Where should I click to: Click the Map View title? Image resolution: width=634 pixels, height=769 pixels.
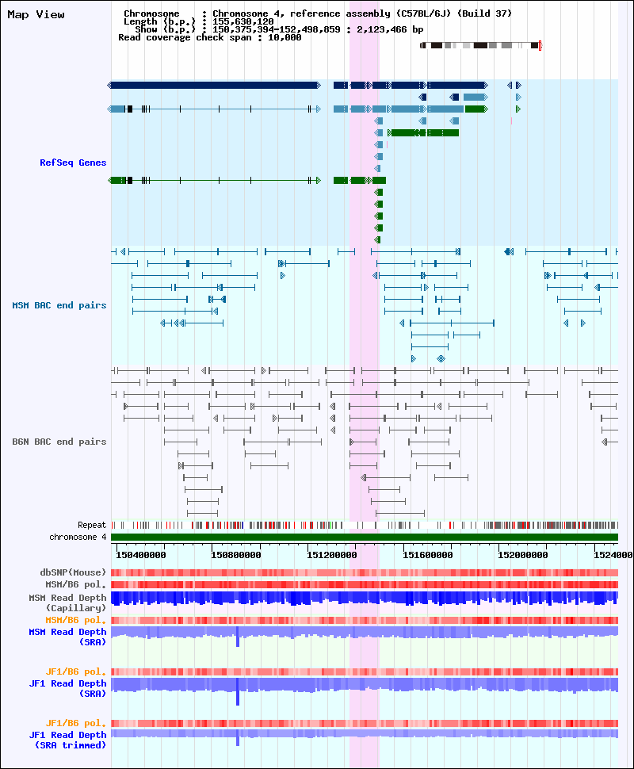pyautogui.click(x=36, y=15)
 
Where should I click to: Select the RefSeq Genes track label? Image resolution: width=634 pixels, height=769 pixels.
pyautogui.click(x=73, y=163)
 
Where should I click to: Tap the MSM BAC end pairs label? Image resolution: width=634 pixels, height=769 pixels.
pyautogui.click(x=59, y=305)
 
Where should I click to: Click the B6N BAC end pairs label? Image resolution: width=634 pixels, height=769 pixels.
pyautogui.click(x=59, y=442)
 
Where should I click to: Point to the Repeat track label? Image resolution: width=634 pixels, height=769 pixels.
pyautogui.click(x=92, y=525)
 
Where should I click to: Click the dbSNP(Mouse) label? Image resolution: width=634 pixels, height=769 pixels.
pyautogui.click(x=73, y=572)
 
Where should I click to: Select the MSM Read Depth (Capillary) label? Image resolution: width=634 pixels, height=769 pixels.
pyautogui.click(x=67, y=603)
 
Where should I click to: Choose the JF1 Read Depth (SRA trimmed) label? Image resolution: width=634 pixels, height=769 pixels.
pyautogui.click(x=67, y=740)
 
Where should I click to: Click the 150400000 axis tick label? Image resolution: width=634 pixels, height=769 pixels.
pyautogui.click(x=141, y=555)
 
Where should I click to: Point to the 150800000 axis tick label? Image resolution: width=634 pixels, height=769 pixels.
pyautogui.click(x=236, y=555)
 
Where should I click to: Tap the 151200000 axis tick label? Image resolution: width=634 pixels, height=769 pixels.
pyautogui.click(x=332, y=555)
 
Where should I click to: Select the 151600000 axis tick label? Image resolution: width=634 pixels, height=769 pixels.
pyautogui.click(x=428, y=555)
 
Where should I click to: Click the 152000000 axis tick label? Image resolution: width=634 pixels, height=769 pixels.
pyautogui.click(x=523, y=555)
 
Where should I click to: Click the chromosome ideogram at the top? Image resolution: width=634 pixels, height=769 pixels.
pyautogui.click(x=480, y=46)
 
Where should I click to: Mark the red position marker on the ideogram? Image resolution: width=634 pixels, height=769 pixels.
pyautogui.click(x=540, y=46)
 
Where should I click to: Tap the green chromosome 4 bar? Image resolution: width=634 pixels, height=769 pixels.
pyautogui.click(x=365, y=537)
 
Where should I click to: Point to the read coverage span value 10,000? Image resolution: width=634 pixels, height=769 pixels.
pyautogui.click(x=285, y=37)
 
